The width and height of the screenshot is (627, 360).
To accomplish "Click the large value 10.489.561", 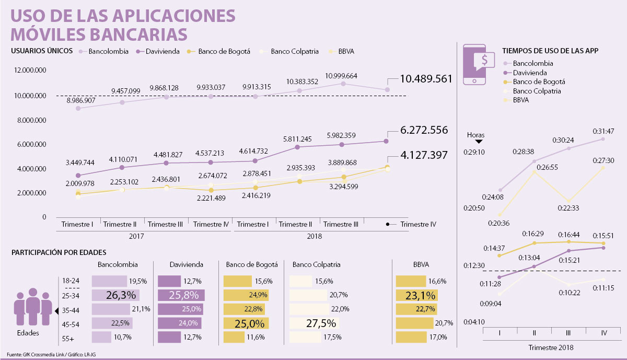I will (425, 79).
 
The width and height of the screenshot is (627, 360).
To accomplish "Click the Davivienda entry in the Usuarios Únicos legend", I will (161, 52).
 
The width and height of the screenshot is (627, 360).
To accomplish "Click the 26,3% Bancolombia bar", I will (112, 295).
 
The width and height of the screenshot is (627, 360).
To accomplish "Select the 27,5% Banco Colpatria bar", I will (315, 323).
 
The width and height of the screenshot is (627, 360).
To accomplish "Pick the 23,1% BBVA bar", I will (416, 295).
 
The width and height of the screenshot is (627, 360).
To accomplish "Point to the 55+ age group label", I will (68, 338).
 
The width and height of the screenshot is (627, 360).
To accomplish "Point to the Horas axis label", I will (475, 135).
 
